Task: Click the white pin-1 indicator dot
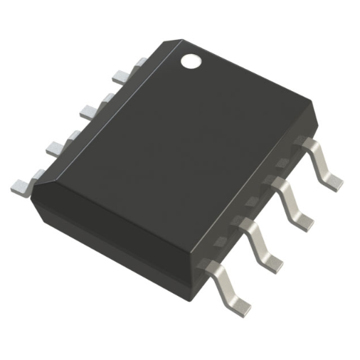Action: click(x=191, y=62)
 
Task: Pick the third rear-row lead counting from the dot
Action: click(x=59, y=145)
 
